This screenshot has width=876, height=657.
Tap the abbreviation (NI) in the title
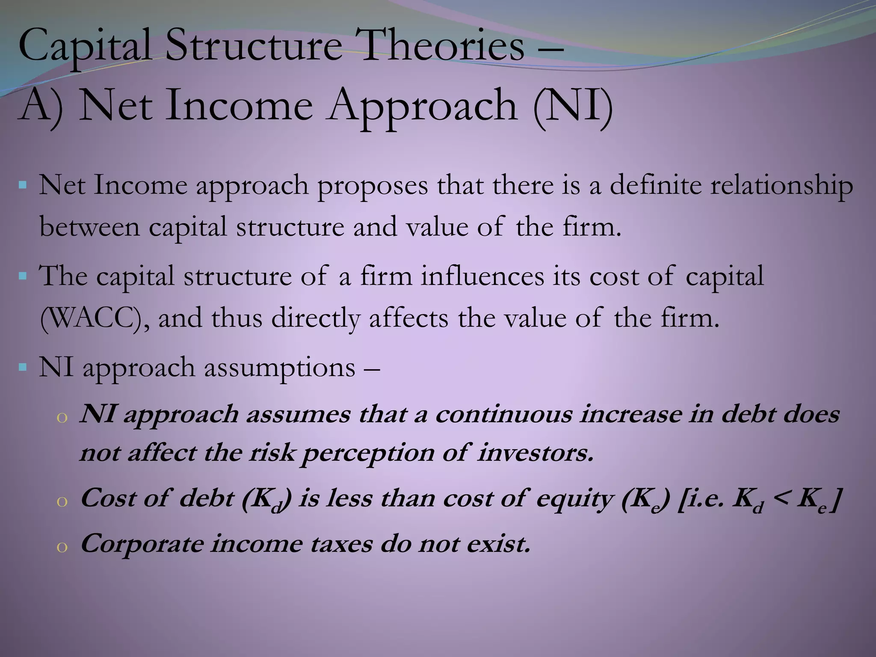573,106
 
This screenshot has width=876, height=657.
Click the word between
89,227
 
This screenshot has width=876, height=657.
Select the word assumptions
279,367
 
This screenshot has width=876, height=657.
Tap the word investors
536,453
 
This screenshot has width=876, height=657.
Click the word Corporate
142,545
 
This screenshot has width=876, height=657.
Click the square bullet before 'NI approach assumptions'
23,367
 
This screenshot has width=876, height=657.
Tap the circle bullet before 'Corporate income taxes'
62,547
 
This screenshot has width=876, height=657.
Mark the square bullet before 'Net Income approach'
23,186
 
